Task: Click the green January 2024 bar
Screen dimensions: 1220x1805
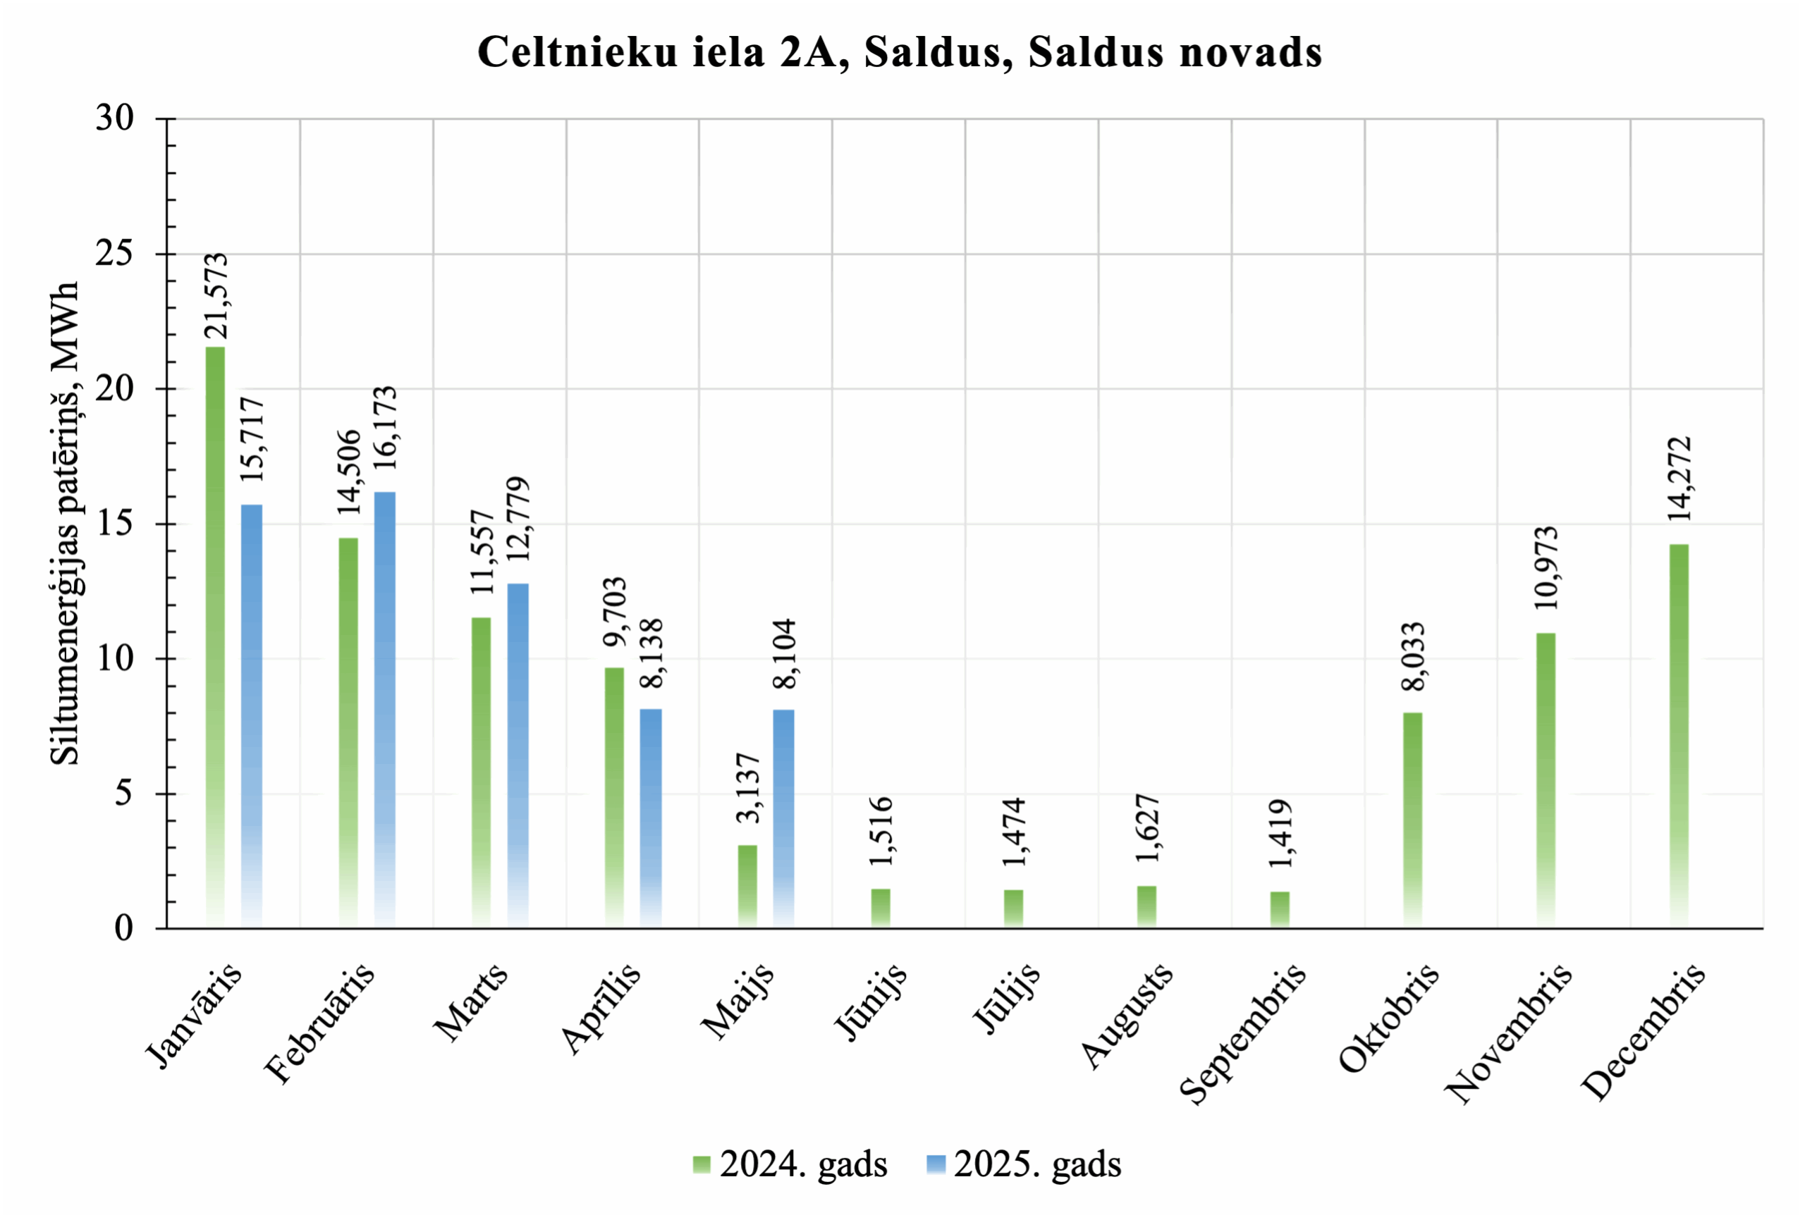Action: coord(215,637)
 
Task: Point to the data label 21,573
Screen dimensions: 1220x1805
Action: coord(216,296)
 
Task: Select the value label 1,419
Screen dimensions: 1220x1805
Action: coord(1280,833)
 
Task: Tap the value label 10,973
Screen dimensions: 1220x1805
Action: coord(1546,567)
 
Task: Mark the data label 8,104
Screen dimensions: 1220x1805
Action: coord(785,653)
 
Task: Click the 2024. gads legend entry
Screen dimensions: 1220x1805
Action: coord(790,1165)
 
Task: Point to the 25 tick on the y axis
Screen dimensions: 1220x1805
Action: coord(115,254)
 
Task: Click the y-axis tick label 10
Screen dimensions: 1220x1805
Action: coord(115,659)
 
